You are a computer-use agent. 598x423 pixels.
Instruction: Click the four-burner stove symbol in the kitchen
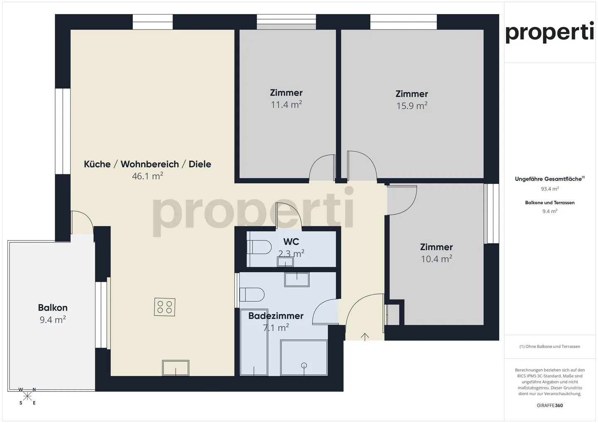[x=164, y=307]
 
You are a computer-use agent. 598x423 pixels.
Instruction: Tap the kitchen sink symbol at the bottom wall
[x=176, y=368]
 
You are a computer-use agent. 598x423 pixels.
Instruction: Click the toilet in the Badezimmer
[x=252, y=295]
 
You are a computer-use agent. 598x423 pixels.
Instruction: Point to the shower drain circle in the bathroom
[x=304, y=365]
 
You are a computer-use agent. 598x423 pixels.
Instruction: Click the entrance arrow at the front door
[x=365, y=337]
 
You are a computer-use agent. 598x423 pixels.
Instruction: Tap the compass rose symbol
[x=27, y=396]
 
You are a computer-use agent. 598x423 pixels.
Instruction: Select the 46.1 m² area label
[x=147, y=176]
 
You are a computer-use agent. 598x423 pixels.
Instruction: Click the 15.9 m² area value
[x=412, y=106]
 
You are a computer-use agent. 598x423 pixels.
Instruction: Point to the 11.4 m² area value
[x=286, y=105]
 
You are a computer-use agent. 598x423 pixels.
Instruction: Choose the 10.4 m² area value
[x=436, y=259]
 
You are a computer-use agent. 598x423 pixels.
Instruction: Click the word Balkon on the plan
[x=53, y=308]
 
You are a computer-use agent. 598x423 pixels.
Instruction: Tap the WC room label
[x=291, y=242]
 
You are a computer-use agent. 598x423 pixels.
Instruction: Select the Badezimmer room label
[x=276, y=316]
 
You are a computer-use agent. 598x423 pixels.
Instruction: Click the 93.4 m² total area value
[x=549, y=189]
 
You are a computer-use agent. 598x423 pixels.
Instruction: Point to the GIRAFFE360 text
[x=549, y=405]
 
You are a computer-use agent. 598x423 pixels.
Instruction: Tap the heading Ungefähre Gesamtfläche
[x=549, y=179]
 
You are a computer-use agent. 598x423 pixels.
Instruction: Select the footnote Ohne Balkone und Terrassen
[x=549, y=346]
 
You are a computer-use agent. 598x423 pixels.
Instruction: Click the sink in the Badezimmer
[x=297, y=279]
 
